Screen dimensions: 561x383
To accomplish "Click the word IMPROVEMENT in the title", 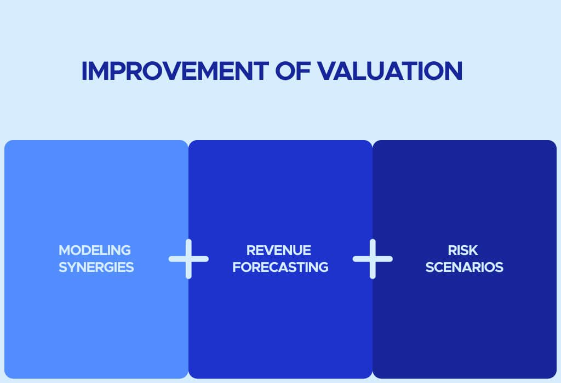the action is pos(175,71).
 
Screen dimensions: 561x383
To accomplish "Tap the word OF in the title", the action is pos(293,71).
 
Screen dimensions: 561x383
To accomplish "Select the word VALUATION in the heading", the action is pos(390,71).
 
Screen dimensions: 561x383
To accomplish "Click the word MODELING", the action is pos(95,250).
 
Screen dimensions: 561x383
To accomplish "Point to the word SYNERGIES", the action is pos(96,267).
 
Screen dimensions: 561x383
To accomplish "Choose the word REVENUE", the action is pos(279,250).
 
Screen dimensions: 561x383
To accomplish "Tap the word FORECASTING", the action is pos(280,267).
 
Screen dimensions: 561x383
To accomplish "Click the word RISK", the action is pos(462,250).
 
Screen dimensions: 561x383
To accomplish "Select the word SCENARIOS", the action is pos(465,267).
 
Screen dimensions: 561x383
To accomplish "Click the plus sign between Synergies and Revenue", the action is pos(188,259).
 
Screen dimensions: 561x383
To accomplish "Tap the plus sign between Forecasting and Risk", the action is pos(373,259).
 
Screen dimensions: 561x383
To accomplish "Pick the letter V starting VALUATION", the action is pos(327,71).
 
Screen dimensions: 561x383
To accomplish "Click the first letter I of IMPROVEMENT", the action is pos(84,71).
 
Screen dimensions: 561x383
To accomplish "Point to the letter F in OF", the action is pos(304,71).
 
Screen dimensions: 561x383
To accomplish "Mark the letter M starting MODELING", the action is pos(65,250).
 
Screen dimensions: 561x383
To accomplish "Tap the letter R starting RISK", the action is pos(452,250).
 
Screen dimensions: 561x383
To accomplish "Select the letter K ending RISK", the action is pos(473,250).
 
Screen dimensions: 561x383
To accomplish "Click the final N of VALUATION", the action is pos(454,71).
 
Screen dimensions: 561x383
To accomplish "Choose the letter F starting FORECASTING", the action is pos(237,267).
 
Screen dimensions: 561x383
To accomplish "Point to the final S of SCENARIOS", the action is pos(500,267).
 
